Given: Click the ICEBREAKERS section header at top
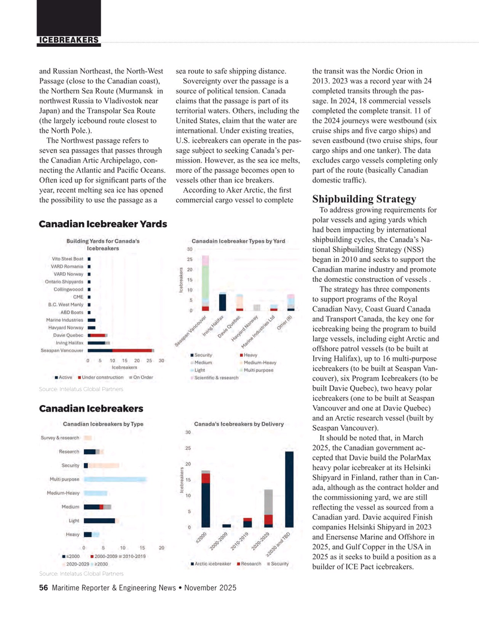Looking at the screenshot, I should [69, 40].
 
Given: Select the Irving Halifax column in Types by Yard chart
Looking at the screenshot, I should [223, 302].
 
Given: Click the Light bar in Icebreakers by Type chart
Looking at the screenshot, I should [100, 520].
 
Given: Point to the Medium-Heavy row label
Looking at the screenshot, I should [63, 493].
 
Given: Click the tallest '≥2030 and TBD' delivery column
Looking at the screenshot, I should [289, 489].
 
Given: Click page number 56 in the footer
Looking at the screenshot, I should [43, 589].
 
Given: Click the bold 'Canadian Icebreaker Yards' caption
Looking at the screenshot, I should [102, 224].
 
